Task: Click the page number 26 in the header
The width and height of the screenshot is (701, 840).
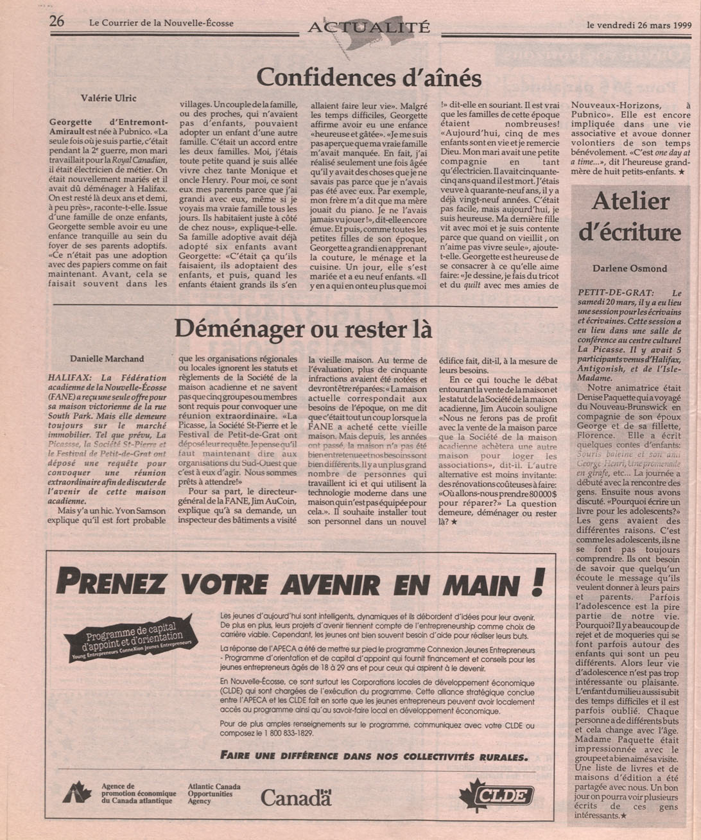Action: coord(56,21)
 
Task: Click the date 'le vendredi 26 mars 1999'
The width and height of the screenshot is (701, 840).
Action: coord(639,25)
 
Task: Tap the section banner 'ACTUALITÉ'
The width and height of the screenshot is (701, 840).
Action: coord(369,27)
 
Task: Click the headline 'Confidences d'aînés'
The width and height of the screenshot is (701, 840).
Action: coord(369,78)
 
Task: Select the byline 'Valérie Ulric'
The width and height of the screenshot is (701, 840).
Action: coord(108,98)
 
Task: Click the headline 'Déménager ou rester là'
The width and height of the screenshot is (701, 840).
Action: coord(303,329)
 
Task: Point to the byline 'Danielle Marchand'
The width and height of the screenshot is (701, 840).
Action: coord(107,358)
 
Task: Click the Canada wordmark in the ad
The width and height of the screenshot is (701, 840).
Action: coord(296,798)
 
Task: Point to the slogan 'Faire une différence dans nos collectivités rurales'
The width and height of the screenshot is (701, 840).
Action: coord(374,756)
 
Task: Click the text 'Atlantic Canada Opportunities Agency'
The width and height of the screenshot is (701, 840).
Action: coord(214,794)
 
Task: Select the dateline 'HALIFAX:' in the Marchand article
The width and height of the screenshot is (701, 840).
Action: coord(71,378)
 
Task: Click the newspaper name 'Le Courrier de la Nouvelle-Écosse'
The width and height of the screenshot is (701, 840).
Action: coord(161,24)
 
